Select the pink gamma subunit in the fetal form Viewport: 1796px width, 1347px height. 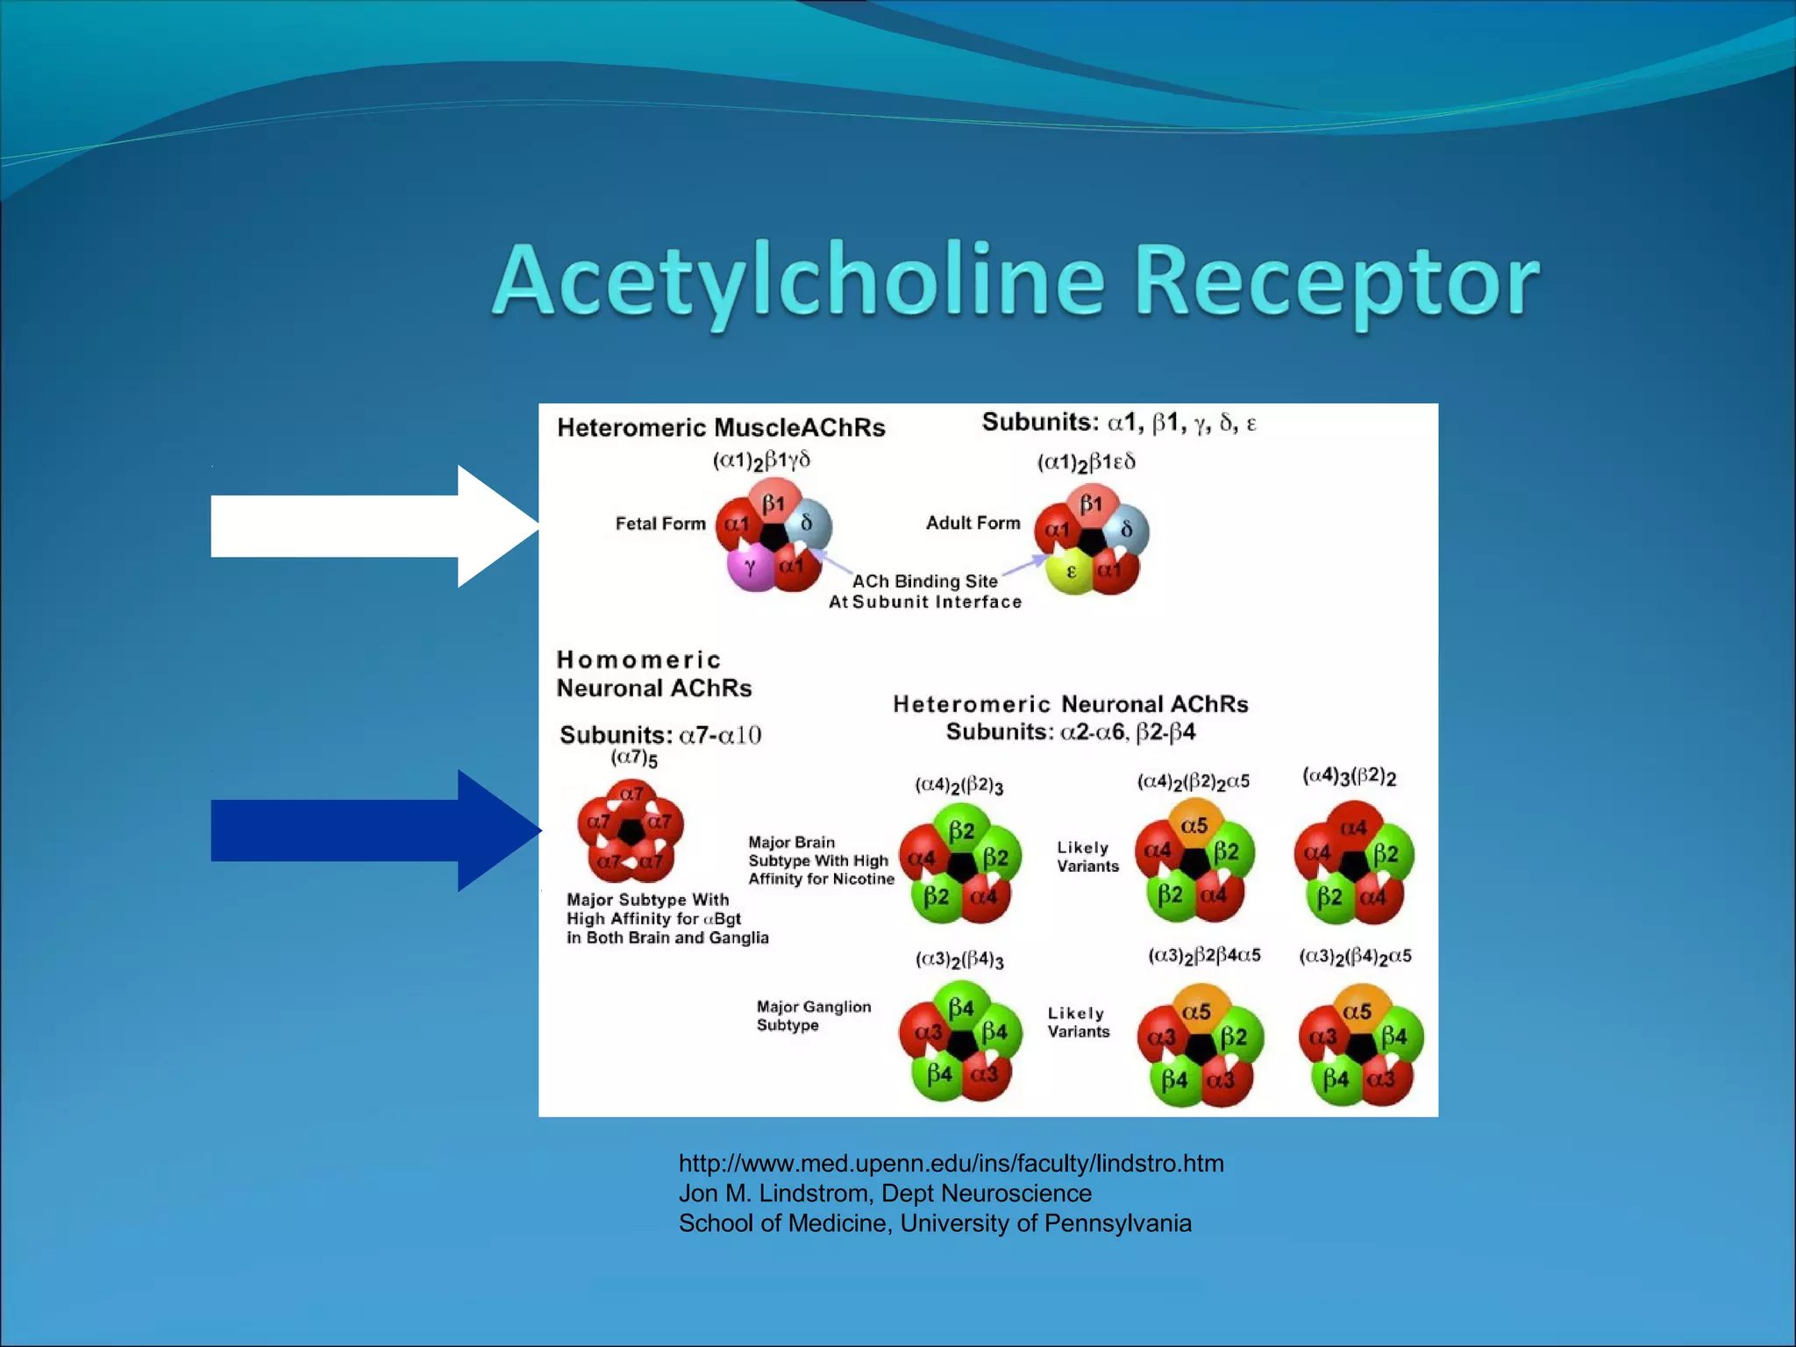tap(750, 567)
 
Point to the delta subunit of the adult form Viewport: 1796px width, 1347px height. tap(1127, 530)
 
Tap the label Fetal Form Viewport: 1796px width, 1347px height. tap(660, 524)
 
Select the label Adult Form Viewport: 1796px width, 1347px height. tap(973, 523)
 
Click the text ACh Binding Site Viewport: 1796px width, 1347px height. tap(925, 581)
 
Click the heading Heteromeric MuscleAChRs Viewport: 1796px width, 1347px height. tap(721, 427)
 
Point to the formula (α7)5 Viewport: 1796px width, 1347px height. tap(634, 758)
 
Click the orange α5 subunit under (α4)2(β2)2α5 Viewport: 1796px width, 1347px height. tap(1194, 824)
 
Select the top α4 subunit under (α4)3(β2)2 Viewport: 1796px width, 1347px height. tap(1353, 827)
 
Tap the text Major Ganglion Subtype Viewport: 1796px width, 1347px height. tap(813, 1016)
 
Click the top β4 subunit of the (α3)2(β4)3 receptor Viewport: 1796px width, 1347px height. tap(961, 1007)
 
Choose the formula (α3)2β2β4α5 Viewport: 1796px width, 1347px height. tap(1204, 955)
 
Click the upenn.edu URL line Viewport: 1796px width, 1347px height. tap(951, 1163)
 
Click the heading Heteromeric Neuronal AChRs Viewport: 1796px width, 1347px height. tap(1070, 704)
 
